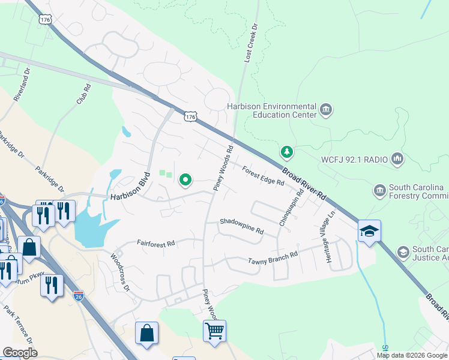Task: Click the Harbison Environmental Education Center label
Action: [271, 110]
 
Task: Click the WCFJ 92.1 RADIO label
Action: [354, 160]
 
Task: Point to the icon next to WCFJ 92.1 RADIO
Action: [397, 159]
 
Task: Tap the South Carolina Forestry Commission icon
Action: [379, 191]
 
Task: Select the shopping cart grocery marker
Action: [214, 331]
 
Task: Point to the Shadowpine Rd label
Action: [242, 226]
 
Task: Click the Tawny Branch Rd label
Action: [273, 258]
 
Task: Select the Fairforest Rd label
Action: [155, 244]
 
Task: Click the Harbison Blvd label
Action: [128, 188]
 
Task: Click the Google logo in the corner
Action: [20, 353]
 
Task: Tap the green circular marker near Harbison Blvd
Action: [186, 179]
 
